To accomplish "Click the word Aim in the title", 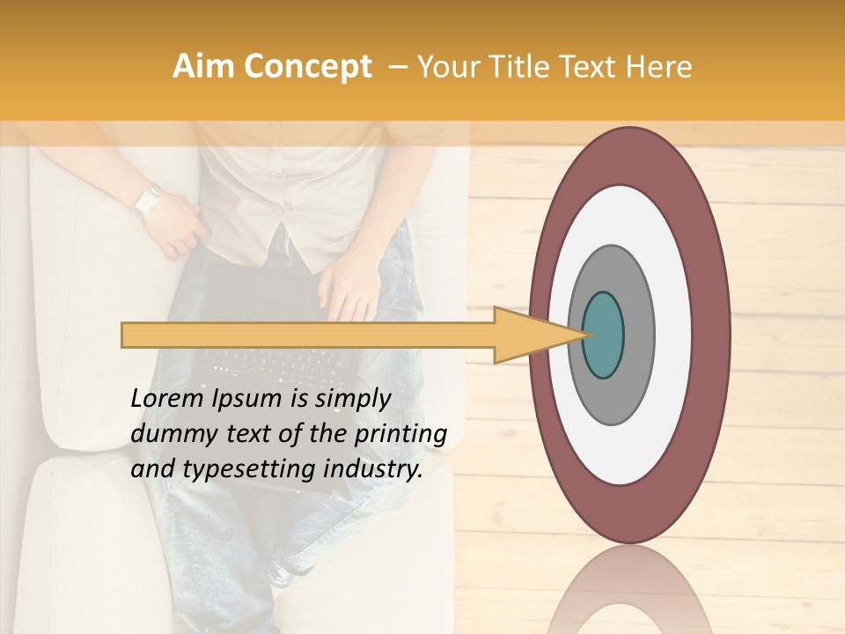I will pyautogui.click(x=202, y=68).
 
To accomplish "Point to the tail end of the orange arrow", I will pyautogui.click(x=129, y=335).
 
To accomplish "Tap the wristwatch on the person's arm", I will pyautogui.click(x=147, y=201).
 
